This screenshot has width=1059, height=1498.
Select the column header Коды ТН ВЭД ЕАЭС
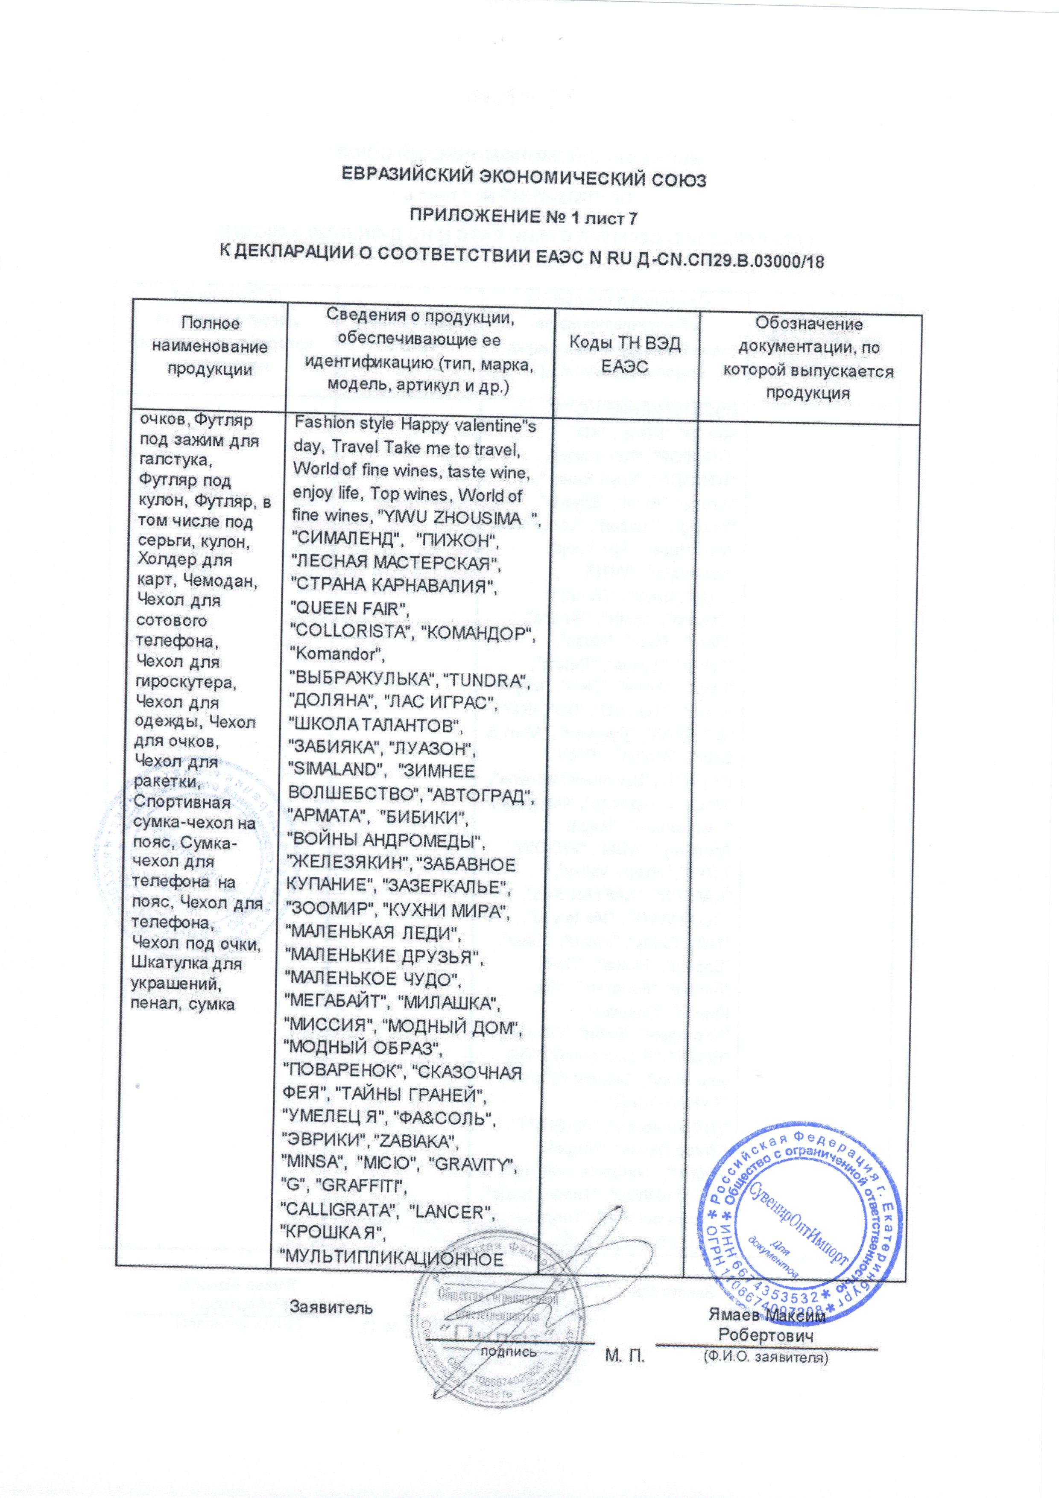click(625, 355)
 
